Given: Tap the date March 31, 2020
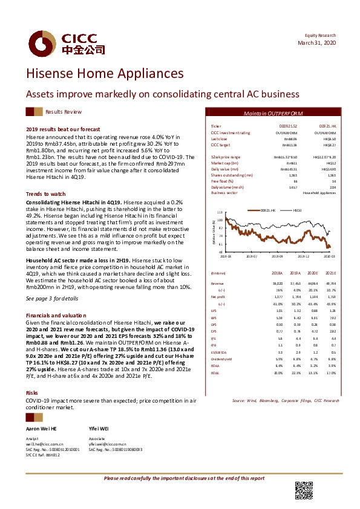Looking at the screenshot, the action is [316, 44].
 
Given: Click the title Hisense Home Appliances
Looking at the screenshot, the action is [105, 73].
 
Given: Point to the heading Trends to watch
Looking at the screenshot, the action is [45, 193].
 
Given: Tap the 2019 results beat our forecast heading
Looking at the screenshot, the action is [62, 129].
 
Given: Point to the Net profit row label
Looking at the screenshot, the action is [217, 298].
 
